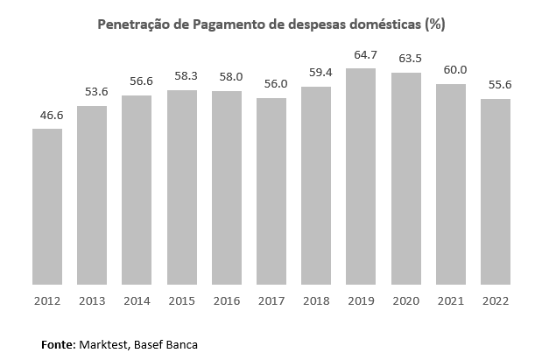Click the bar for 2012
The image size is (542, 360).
[47, 207]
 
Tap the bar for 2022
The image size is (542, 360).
[496, 192]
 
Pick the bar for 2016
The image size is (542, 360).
[227, 187]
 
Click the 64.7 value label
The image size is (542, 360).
[361, 55]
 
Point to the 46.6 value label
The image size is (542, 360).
[47, 116]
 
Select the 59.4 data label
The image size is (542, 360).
[316, 74]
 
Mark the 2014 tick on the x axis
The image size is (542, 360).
[137, 300]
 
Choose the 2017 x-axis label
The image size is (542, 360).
[271, 300]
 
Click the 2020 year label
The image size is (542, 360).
[405, 300]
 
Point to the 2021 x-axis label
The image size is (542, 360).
[451, 300]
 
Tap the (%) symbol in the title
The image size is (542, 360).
[435, 25]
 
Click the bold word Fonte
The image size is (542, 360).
[59, 344]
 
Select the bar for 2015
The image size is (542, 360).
[182, 187]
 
